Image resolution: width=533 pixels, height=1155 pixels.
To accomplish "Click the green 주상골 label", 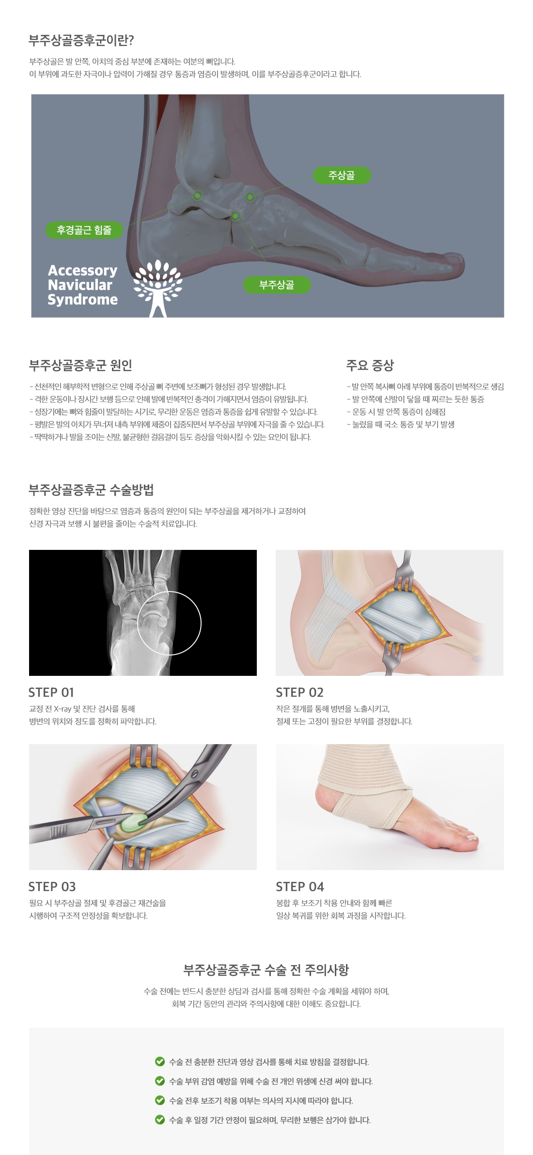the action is (x=342, y=175).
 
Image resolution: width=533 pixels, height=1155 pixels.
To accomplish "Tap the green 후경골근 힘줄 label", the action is (x=84, y=230).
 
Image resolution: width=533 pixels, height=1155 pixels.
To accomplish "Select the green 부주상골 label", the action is (x=277, y=285).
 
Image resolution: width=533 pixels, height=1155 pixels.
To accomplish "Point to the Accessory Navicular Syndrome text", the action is (x=83, y=285).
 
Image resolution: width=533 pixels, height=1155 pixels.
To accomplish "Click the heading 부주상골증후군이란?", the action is (x=81, y=40).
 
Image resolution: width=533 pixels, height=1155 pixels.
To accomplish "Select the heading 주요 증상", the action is (x=370, y=365).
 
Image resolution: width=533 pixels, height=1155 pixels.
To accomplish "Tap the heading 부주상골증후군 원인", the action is (x=80, y=365).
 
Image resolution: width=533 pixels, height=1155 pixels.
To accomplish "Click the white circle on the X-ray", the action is (x=169, y=592).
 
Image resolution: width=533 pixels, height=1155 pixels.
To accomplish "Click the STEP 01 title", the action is (x=51, y=692).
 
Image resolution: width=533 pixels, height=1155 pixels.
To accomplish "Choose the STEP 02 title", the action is (x=299, y=692).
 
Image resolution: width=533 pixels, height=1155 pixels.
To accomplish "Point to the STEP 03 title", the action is (x=52, y=887).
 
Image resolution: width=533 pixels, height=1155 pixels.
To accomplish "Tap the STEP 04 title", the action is (x=300, y=887).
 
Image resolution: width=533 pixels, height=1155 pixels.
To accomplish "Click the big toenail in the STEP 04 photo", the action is (x=471, y=837).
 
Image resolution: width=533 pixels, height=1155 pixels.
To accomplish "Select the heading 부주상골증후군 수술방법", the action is (x=91, y=490).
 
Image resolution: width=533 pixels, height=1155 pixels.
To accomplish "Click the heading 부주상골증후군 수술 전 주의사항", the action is (x=266, y=970).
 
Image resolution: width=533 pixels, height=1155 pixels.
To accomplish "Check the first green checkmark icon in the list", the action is (x=160, y=1061).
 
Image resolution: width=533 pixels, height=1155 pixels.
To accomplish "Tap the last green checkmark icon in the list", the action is (x=160, y=1120).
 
